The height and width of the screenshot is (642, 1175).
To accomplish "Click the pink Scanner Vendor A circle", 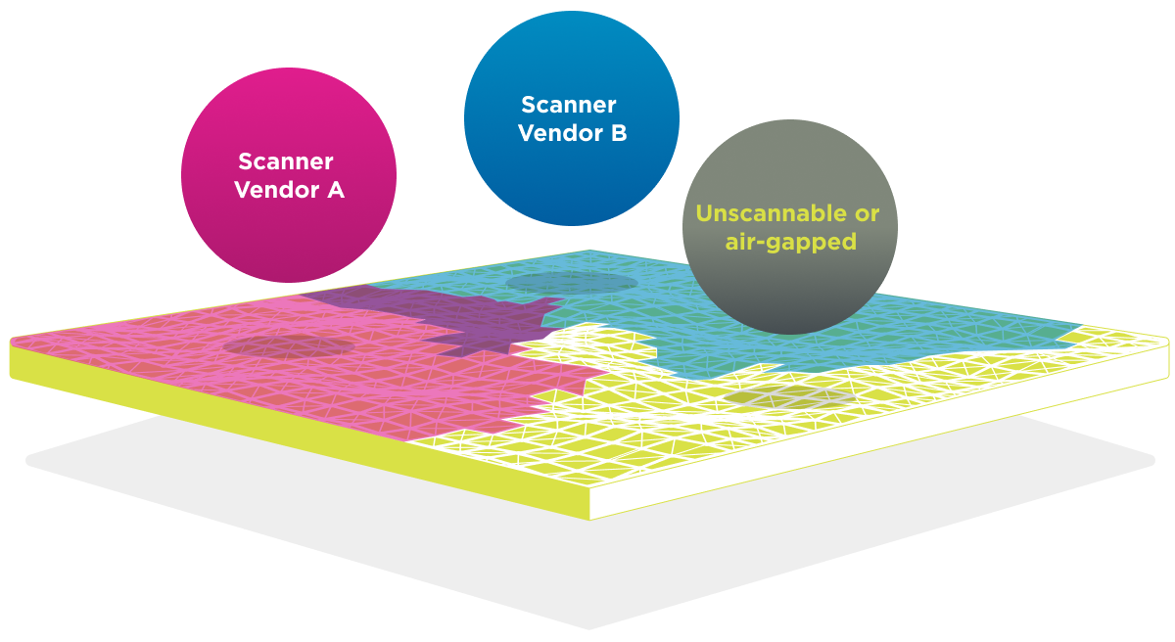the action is pos(289,174).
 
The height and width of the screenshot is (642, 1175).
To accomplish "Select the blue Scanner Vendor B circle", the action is pos(572,118).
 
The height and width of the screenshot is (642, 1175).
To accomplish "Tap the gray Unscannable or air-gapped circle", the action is pos(790,227).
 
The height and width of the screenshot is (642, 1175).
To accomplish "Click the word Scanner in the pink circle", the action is pos(286,161).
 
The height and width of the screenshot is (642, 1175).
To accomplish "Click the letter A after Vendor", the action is pos(336,190).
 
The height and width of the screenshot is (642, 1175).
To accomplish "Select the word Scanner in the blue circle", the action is pos(569,105).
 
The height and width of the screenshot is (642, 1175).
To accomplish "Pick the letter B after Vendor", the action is pos(619,133).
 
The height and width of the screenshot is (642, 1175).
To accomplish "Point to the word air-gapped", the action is pos(790,242).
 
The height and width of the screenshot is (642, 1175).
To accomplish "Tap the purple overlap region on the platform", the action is pos(461,320).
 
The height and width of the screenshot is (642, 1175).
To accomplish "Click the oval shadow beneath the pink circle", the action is pos(289,346).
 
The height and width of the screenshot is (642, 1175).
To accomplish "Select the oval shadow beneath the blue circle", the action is pos(572,283).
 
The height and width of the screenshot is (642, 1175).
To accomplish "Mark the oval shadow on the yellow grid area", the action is pos(789,397).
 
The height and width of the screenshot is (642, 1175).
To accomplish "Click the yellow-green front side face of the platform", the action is pos(299,430).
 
